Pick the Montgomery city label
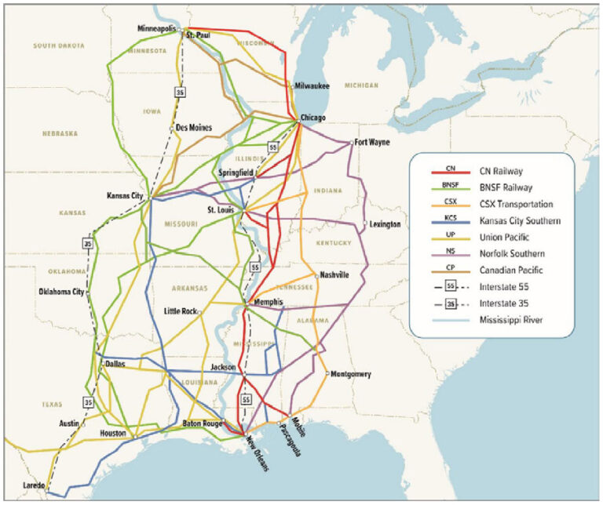click(x=352, y=374)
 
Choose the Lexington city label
click(x=385, y=224)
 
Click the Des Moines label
click(x=194, y=127)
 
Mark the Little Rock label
click(x=180, y=311)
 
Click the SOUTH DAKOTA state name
click(x=58, y=46)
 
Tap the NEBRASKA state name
click(x=59, y=133)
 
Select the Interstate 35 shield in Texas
click(x=89, y=401)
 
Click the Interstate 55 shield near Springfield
click(x=272, y=147)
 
